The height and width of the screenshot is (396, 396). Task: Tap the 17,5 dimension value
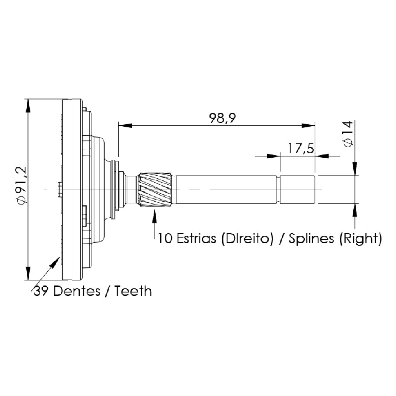pyautogui.click(x=301, y=148)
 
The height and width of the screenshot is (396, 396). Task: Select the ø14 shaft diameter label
pyautogui.click(x=348, y=134)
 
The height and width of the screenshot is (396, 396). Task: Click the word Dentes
pyautogui.click(x=77, y=291)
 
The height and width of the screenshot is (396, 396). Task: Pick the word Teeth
pyautogui.click(x=134, y=291)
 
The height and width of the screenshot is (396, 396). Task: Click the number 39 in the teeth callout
pyautogui.click(x=41, y=291)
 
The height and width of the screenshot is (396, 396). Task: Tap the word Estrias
pyautogui.click(x=196, y=238)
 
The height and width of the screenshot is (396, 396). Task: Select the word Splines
pyautogui.click(x=311, y=239)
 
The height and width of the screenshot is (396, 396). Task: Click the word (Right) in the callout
pyautogui.click(x=360, y=239)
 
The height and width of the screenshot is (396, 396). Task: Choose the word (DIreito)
pyautogui.click(x=247, y=239)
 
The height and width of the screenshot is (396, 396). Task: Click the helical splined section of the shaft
pyautogui.click(x=155, y=189)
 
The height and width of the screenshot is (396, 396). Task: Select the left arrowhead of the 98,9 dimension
pyautogui.click(x=125, y=125)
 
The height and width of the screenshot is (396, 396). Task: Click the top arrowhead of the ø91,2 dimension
pyautogui.click(x=28, y=106)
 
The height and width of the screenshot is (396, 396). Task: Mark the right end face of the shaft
pyautogui.click(x=314, y=189)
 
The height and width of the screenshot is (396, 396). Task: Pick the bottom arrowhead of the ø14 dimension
pyautogui.click(x=355, y=210)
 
